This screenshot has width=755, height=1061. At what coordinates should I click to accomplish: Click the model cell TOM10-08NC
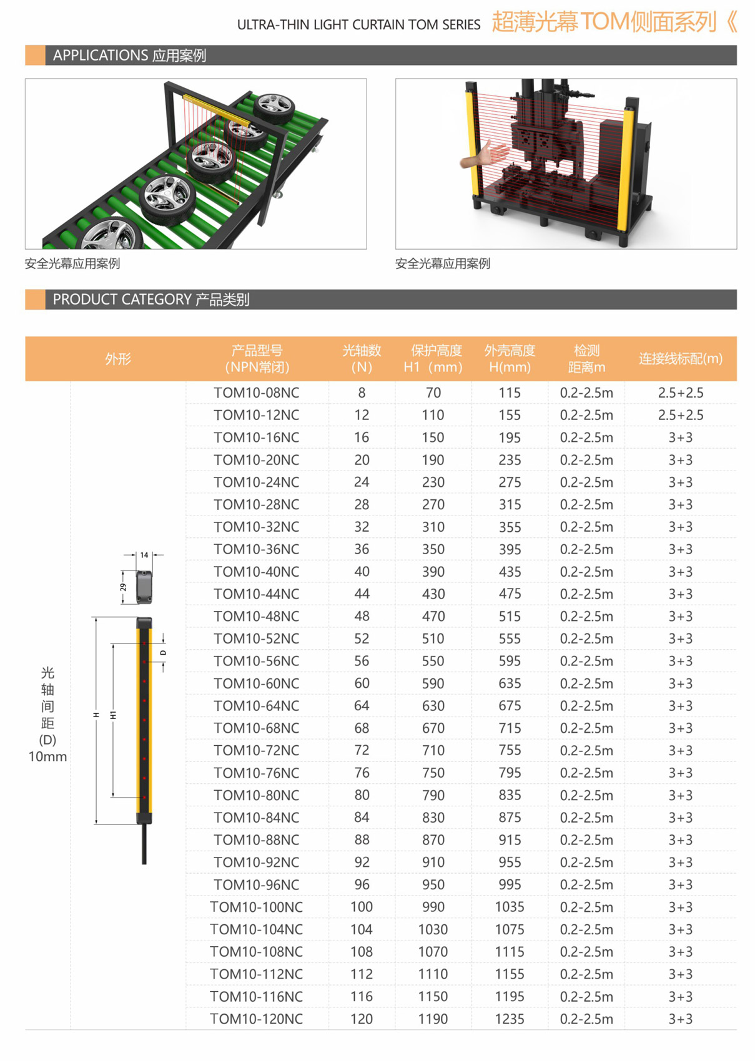point(256,393)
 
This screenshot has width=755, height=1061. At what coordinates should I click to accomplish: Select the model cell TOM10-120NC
point(256,1019)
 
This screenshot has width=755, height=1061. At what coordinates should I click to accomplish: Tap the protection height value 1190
point(433,1019)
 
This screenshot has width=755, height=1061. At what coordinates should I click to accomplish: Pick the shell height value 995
point(510,885)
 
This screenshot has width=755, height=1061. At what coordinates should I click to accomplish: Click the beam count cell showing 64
point(362,706)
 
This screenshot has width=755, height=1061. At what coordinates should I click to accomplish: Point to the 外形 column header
point(118,359)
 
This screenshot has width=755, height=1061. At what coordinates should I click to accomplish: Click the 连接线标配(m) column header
point(680,359)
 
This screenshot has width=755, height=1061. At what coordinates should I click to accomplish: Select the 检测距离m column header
point(586,359)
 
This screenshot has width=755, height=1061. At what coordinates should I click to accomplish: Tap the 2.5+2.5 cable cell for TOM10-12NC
point(680,415)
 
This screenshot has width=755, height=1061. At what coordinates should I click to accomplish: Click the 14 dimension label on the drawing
point(144,555)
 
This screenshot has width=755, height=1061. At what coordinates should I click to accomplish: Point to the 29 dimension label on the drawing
point(123,587)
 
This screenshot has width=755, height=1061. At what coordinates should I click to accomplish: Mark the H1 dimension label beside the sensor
point(114,715)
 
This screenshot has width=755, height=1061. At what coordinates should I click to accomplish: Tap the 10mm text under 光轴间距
point(47,757)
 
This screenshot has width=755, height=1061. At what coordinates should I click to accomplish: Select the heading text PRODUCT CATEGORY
point(122,300)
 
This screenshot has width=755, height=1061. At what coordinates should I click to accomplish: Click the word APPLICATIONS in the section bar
point(92,56)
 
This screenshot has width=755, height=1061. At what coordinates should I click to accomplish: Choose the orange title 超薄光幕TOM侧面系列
point(604,22)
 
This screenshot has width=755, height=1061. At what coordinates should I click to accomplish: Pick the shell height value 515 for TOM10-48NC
point(510,617)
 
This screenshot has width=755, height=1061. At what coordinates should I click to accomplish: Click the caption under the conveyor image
point(72,263)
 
